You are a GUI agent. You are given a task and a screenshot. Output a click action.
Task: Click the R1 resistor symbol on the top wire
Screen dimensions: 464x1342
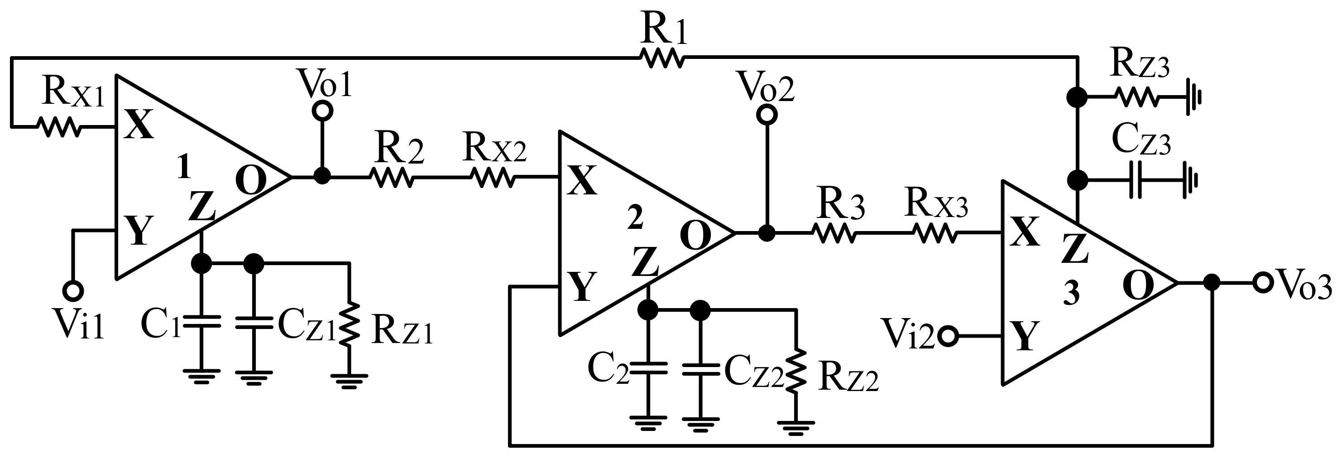coord(662,58)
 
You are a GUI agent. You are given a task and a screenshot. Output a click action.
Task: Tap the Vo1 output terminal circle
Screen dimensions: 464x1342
coord(322,111)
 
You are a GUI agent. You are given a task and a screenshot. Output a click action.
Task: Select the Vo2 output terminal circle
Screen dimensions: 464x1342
coord(767,115)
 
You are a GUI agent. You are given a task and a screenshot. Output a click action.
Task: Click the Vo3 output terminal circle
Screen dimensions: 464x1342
coord(1262,283)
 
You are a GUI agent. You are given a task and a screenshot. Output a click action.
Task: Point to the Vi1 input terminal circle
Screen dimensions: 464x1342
coord(73,290)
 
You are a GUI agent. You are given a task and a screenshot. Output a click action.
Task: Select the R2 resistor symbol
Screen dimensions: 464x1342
coord(392,177)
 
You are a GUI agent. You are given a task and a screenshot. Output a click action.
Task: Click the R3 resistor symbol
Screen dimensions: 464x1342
coord(834,233)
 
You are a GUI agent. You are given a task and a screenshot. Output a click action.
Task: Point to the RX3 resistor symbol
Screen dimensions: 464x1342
coord(936,233)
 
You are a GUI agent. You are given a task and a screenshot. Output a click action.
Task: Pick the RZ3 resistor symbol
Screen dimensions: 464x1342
coord(1136,97)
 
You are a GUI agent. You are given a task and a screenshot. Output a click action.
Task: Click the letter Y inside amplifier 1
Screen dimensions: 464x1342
coord(139,231)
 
